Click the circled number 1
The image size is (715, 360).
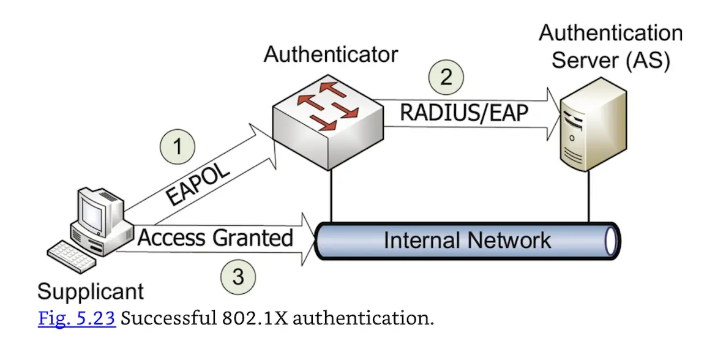coord(178,148)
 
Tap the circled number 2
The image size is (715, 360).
coord(446,77)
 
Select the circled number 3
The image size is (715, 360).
coord(238,277)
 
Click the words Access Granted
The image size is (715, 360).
coord(215,238)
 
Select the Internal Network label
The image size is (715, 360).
coord(467,239)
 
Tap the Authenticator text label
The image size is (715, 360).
coord(331,54)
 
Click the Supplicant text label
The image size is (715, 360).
coord(91,291)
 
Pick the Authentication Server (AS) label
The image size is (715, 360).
coord(610,47)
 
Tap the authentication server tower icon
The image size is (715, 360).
coord(593,126)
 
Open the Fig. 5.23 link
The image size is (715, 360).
coord(77,319)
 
